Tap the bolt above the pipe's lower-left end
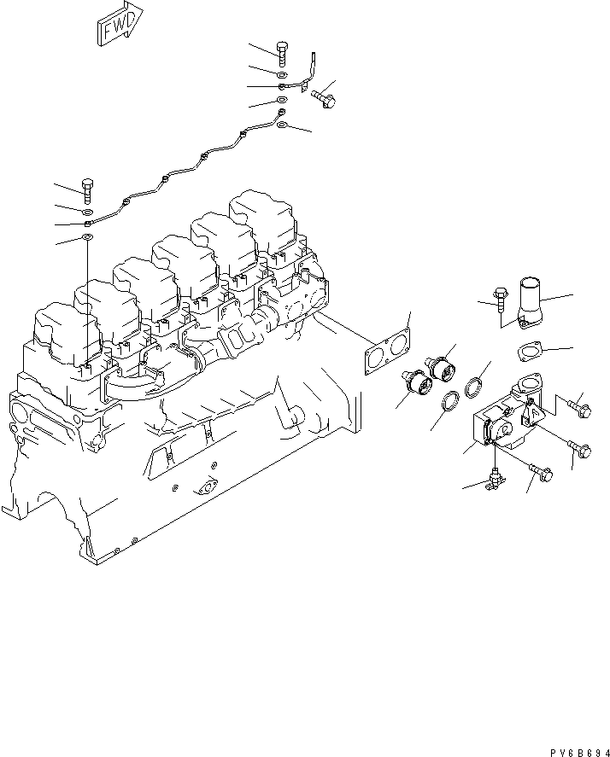coord(87,192)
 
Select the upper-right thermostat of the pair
coord(443,369)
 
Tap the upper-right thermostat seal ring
coord(473,389)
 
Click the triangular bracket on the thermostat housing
coord(531,414)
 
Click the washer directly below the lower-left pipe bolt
coord(87,211)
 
